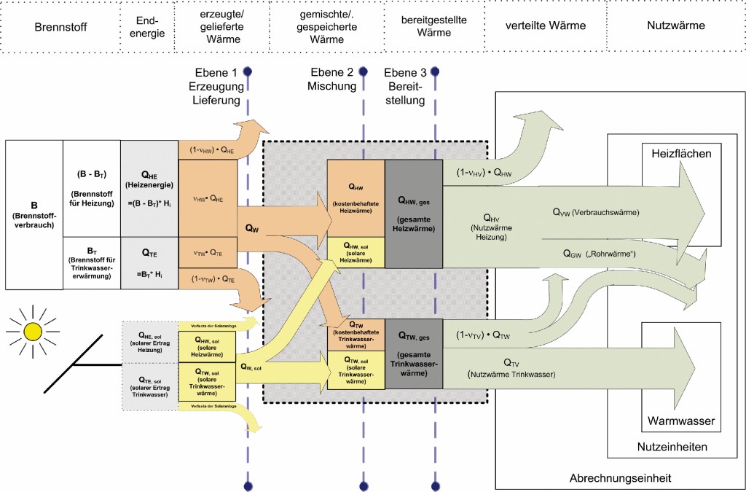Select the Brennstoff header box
coord(60,27)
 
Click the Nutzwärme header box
coord(675,27)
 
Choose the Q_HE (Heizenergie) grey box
coord(149,188)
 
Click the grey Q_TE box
coord(149,262)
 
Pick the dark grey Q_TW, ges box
coord(414,353)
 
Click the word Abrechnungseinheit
coord(620,478)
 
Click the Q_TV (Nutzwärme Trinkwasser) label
coord(511,367)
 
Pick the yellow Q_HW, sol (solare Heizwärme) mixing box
coord(356,252)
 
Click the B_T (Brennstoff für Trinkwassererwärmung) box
coord(92,262)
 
